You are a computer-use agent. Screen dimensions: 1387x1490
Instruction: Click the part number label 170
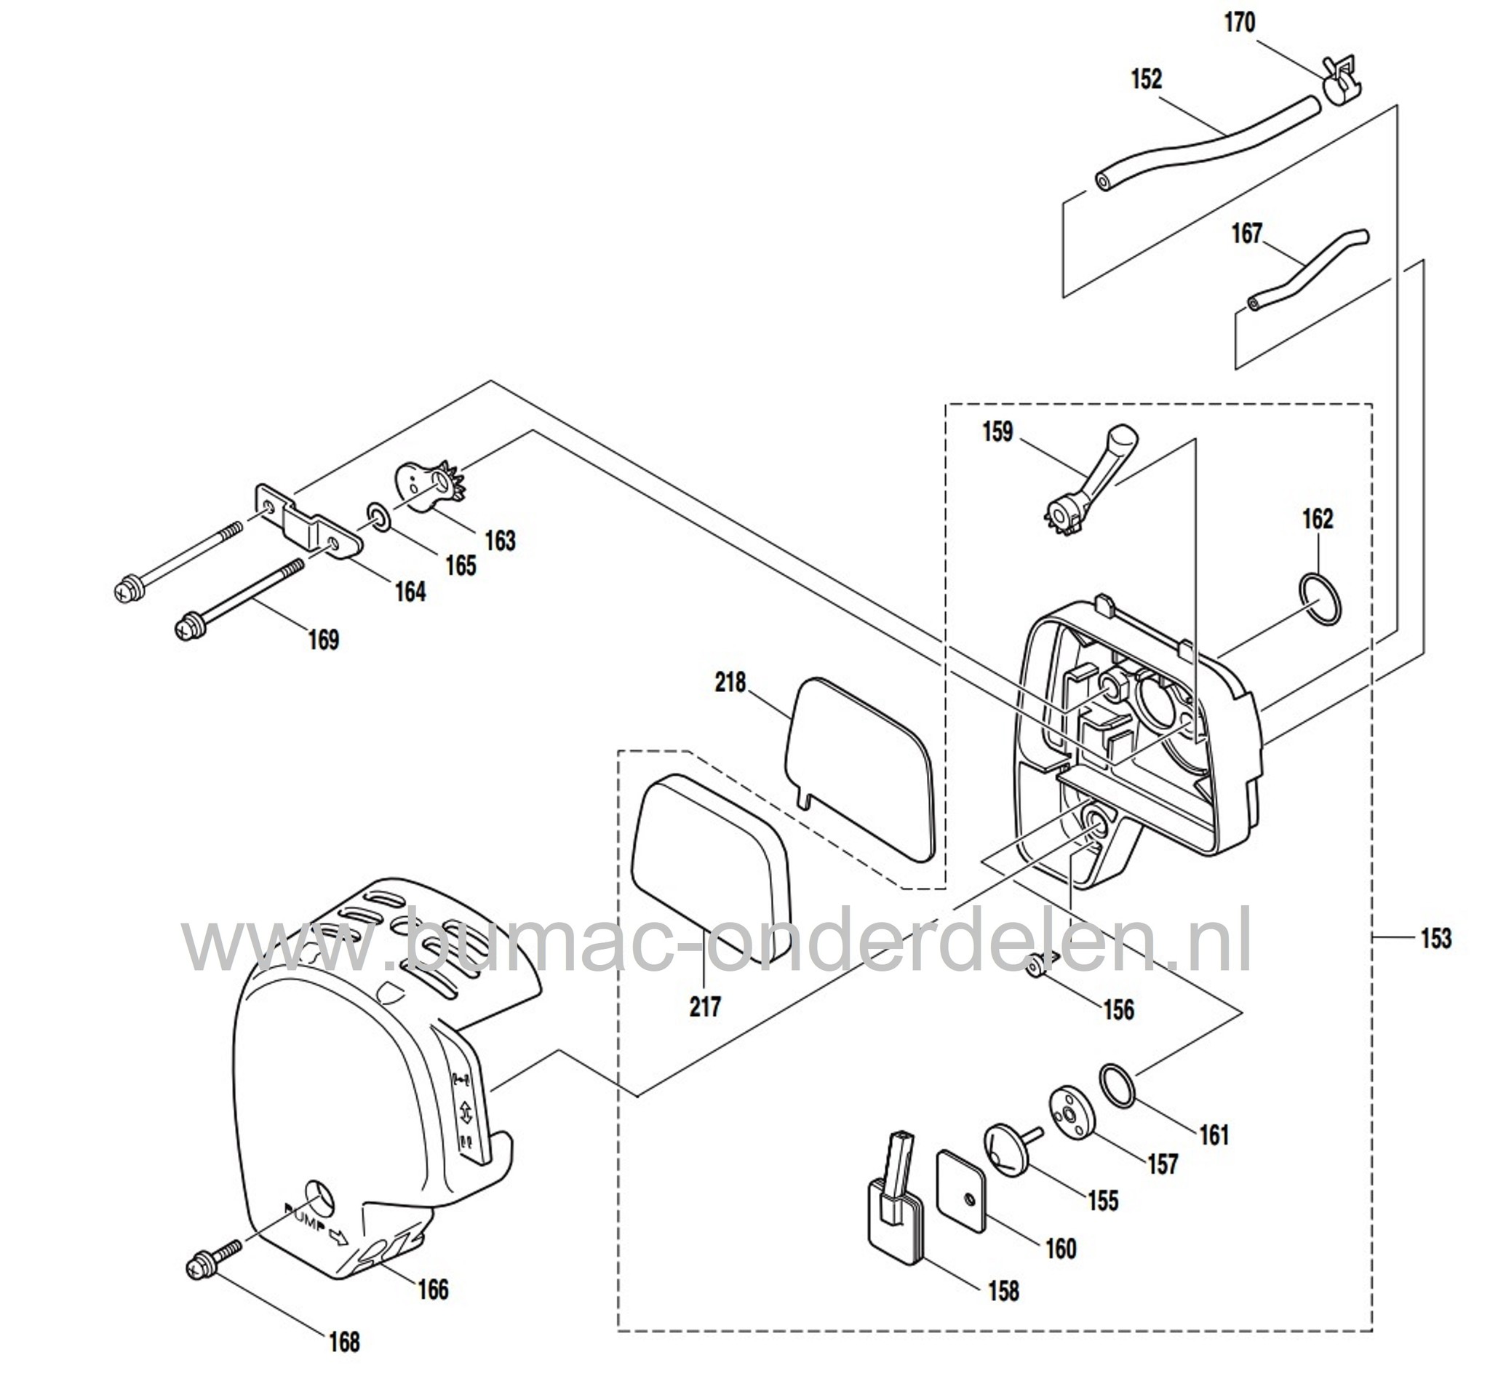point(1239,23)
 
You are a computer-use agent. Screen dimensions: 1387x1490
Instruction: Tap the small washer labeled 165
point(378,518)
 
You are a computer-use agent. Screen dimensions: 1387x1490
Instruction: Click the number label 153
point(1435,938)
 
